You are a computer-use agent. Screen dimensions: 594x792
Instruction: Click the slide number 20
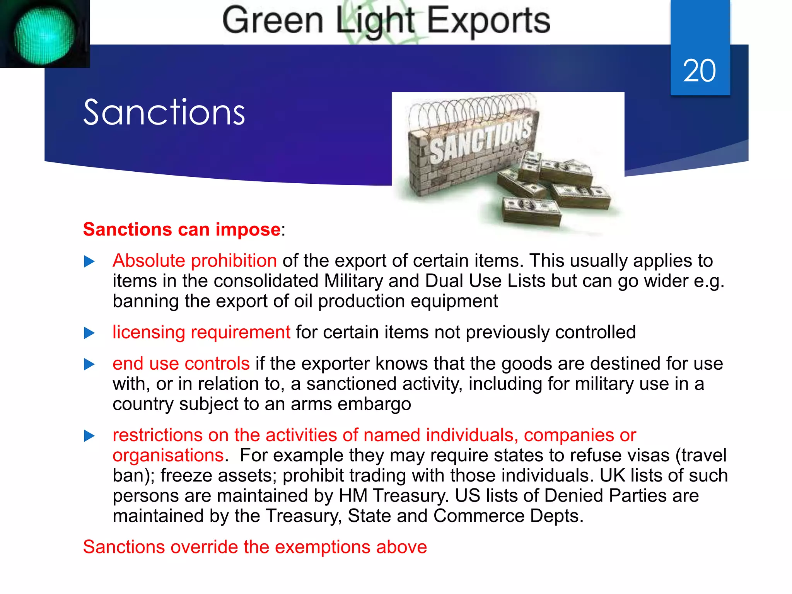click(699, 71)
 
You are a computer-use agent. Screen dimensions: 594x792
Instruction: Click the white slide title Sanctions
click(164, 113)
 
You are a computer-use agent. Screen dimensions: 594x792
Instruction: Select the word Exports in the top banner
click(488, 21)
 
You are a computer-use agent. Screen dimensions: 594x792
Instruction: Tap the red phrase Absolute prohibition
click(195, 261)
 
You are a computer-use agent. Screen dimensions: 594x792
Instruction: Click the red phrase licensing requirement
click(201, 332)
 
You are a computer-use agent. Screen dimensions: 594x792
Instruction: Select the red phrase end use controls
click(181, 364)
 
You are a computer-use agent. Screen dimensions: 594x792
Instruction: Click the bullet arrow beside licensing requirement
click(89, 333)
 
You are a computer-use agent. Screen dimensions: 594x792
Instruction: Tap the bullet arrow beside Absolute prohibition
click(89, 262)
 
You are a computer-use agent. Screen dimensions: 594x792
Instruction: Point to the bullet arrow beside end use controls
click(89, 364)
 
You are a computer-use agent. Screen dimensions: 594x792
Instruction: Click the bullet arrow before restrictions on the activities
click(89, 436)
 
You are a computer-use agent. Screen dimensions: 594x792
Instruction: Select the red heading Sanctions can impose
click(182, 229)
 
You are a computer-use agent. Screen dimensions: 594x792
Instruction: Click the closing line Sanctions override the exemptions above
click(255, 547)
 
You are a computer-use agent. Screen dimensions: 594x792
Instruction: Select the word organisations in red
click(168, 456)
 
